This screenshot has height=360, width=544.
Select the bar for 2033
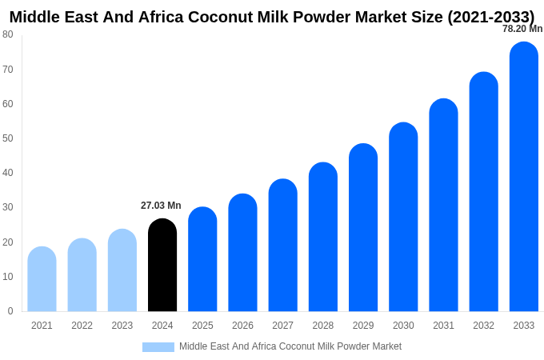pos(524,177)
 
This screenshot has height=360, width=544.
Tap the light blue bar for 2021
pos(42,279)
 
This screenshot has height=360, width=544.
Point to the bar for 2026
pos(242,253)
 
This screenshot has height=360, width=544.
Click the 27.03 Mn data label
pos(161,206)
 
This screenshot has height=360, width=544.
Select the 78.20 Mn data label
pos(522,29)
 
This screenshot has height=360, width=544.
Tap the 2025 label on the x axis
pos(202,326)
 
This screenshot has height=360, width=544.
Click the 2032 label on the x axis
pos(483,326)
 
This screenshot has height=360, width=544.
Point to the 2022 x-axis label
pos(82,326)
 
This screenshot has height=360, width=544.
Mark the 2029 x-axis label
pos(363,326)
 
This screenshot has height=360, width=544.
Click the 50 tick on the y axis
pos(8,138)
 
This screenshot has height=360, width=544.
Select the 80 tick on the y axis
pos(8,34)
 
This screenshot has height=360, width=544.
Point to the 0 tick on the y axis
pos(10,311)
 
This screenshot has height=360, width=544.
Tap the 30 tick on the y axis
pos(8,207)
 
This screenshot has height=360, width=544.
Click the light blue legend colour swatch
pos(158,347)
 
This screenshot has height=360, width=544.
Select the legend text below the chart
pos(290,346)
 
